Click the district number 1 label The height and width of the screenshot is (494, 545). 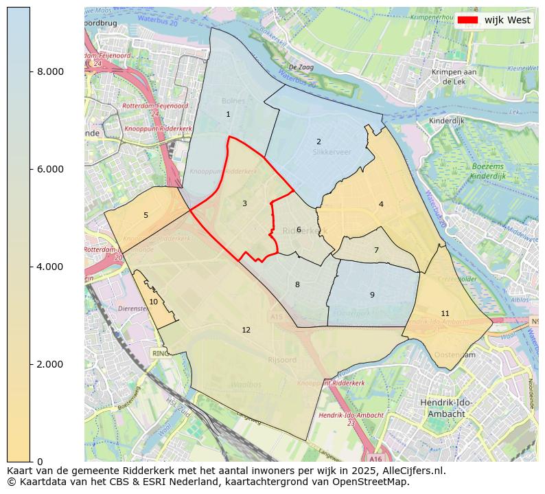(228, 115)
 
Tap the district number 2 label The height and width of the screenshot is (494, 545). (318, 142)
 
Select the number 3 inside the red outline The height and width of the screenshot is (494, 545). (244, 204)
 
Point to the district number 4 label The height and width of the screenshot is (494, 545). (381, 205)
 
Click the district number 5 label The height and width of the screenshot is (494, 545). (146, 216)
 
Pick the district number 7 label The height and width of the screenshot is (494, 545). (376, 251)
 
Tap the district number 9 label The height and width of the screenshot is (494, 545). (372, 295)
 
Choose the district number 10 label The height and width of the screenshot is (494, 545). (154, 302)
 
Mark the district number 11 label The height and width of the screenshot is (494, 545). (445, 314)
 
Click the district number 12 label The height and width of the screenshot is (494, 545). (246, 330)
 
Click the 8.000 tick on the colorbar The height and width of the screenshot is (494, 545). (50, 72)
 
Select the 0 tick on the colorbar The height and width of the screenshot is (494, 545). (40, 462)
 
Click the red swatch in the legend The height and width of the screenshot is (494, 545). (467, 21)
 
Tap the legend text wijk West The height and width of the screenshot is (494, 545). (507, 21)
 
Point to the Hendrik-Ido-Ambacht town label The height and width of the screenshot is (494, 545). (446, 409)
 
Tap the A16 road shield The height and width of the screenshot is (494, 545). (375, 458)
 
